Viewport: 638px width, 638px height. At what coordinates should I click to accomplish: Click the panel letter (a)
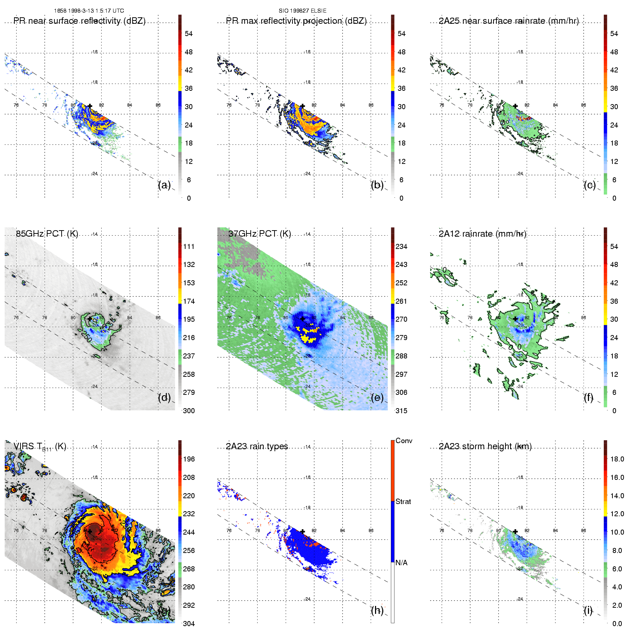pyautogui.click(x=164, y=185)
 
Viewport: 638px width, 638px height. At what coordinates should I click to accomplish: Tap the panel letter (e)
pyautogui.click(x=377, y=398)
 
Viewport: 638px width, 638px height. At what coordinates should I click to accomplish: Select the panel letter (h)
pyautogui.click(x=377, y=610)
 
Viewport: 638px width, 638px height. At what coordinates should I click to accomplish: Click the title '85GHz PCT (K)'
pyautogui.click(x=47, y=234)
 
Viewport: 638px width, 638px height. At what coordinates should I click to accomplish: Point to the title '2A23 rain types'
pyautogui.click(x=257, y=446)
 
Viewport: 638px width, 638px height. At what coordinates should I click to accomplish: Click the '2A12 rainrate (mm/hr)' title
pyautogui.click(x=482, y=234)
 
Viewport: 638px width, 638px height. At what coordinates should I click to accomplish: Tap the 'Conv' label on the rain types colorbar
pyautogui.click(x=404, y=441)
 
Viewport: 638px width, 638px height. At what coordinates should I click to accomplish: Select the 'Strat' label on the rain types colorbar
pyautogui.click(x=403, y=501)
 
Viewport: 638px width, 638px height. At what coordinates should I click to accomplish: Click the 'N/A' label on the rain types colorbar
pyautogui.click(x=401, y=563)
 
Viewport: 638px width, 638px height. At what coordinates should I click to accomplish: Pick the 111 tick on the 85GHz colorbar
pyautogui.click(x=189, y=246)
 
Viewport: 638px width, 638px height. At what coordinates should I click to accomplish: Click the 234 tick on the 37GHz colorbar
pyautogui.click(x=401, y=246)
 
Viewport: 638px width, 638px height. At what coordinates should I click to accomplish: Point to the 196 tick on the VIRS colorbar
pyautogui.click(x=189, y=459)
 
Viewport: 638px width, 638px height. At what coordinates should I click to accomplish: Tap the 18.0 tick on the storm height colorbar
pyautogui.click(x=617, y=459)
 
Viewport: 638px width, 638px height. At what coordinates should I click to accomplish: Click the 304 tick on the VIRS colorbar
pyautogui.click(x=189, y=624)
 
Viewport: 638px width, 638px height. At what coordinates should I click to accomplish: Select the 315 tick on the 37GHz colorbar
pyautogui.click(x=401, y=411)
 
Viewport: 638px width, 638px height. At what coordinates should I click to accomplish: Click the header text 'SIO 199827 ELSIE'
pyautogui.click(x=303, y=11)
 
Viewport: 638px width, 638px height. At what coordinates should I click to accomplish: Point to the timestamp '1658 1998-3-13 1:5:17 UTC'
pyautogui.click(x=89, y=11)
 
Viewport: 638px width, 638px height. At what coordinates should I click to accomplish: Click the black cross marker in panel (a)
pyautogui.click(x=90, y=106)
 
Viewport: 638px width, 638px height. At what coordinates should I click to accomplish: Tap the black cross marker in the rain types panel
pyautogui.click(x=303, y=531)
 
